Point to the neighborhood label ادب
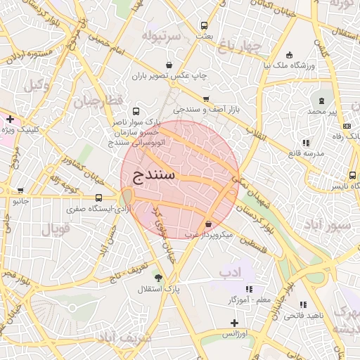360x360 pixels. click(229, 271)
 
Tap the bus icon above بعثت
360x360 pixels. click(204, 24)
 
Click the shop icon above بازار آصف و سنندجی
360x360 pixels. click(206, 99)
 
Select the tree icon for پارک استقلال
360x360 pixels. click(158, 278)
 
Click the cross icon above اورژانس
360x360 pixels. click(234, 323)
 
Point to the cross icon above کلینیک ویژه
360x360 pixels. click(10, 119)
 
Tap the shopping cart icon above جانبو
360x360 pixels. click(20, 191)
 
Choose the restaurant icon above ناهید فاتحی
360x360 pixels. click(303, 304)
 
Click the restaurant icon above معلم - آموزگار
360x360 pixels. click(249, 288)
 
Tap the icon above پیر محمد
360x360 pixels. click(323, 100)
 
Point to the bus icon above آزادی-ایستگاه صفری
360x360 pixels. click(98, 198)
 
